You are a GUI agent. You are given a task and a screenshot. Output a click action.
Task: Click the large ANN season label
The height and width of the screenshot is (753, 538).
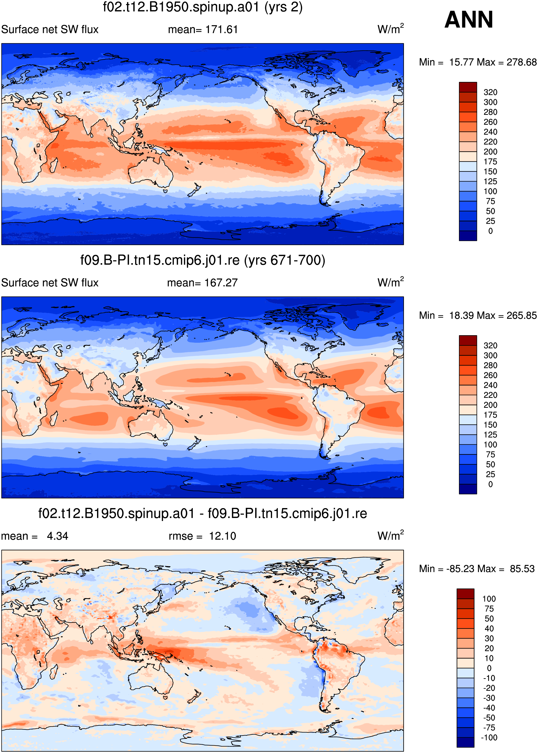point(468,20)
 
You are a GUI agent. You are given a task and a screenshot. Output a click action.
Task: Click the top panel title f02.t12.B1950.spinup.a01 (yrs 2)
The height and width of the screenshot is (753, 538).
point(203,7)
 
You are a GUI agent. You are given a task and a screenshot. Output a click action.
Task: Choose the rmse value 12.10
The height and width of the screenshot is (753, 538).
point(222,536)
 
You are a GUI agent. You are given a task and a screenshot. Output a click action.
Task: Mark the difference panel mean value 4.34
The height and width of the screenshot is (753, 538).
point(58,536)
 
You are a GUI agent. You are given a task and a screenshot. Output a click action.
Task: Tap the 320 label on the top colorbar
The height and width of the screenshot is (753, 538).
point(490,92)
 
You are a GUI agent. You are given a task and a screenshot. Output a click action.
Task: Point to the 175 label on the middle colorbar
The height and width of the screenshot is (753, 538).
point(490,415)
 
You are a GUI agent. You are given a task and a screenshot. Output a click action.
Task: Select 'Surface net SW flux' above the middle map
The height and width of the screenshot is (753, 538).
point(50,283)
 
